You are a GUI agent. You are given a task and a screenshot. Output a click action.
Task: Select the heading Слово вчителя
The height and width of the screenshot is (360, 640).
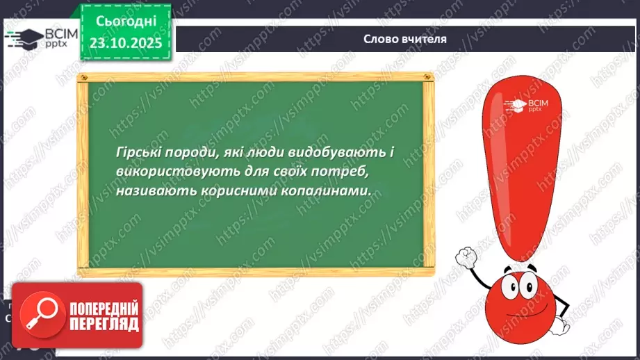click(x=404, y=39)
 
